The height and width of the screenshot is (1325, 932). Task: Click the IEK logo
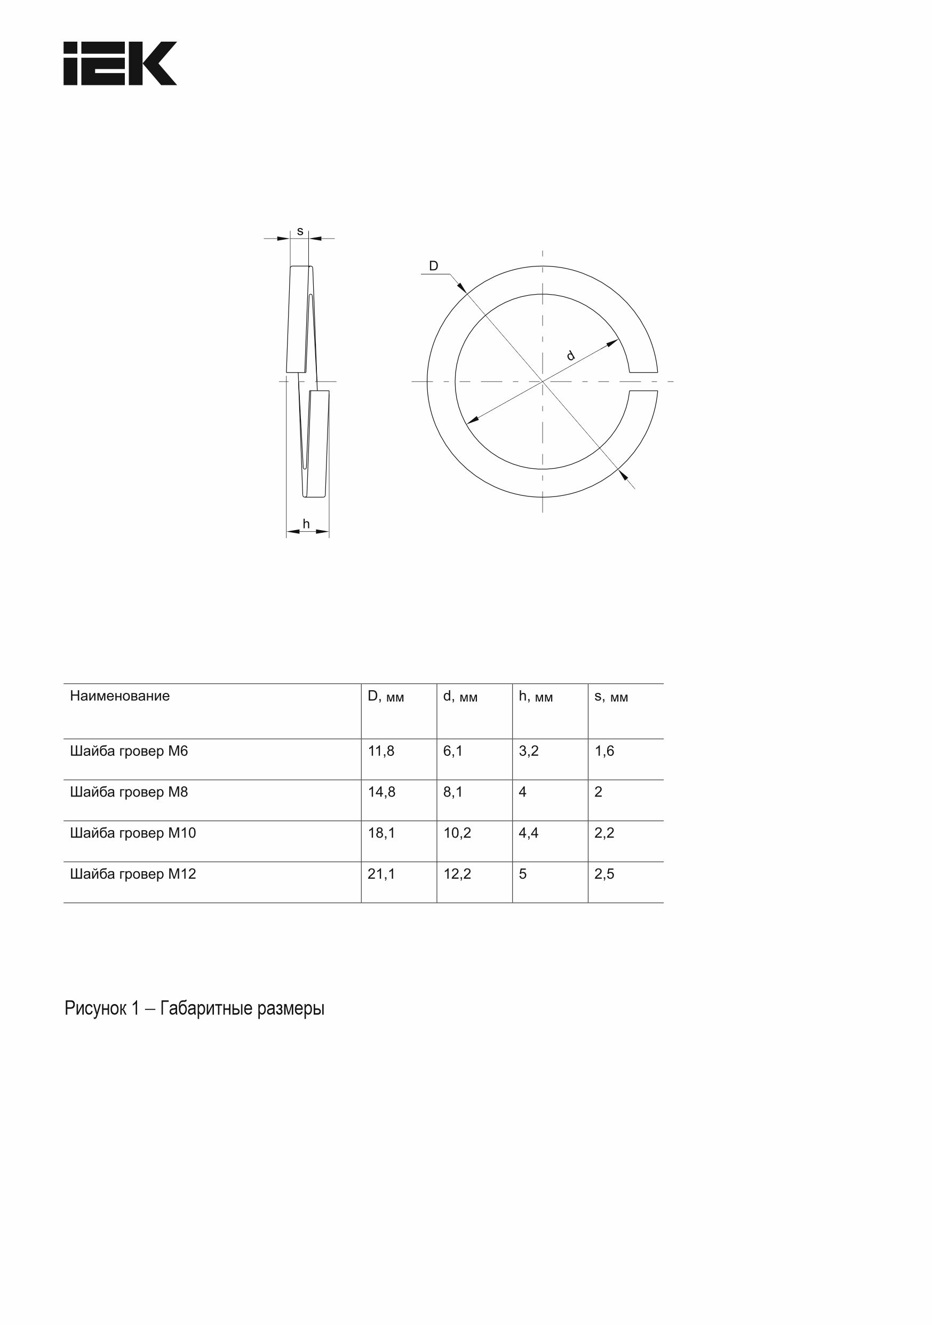(120, 64)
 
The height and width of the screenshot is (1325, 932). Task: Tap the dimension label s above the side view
(300, 231)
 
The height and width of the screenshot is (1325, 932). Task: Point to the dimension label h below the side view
(306, 524)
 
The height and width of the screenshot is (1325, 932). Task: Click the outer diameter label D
(434, 266)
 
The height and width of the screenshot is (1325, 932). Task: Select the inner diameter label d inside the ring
(571, 356)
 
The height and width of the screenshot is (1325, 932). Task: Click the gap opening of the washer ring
(643, 382)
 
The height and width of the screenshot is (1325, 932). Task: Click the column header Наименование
(120, 696)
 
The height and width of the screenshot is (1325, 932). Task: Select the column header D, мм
(386, 697)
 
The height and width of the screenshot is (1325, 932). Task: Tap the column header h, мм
(536, 697)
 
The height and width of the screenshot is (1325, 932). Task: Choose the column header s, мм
(611, 697)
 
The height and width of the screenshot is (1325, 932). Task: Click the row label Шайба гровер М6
(129, 751)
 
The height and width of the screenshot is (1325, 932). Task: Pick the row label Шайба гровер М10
(133, 833)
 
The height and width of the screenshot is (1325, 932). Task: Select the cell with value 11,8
(381, 751)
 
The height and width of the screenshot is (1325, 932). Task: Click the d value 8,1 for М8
(453, 792)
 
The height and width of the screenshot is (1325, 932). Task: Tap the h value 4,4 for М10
(529, 833)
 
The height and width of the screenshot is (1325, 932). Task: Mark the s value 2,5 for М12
(604, 874)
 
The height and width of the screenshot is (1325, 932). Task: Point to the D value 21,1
(381, 874)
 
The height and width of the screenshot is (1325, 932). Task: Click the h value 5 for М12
(522, 874)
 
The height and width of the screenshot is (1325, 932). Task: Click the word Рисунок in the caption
(95, 1009)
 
